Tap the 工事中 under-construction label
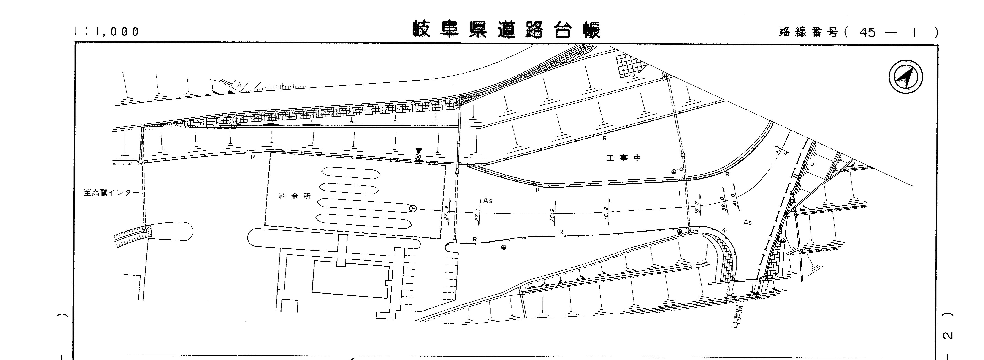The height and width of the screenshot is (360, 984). point(623,158)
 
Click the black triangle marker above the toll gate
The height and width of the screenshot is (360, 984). point(419,151)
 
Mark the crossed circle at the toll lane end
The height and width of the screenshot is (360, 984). point(412,208)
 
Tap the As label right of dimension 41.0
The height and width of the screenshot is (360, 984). point(748,222)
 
